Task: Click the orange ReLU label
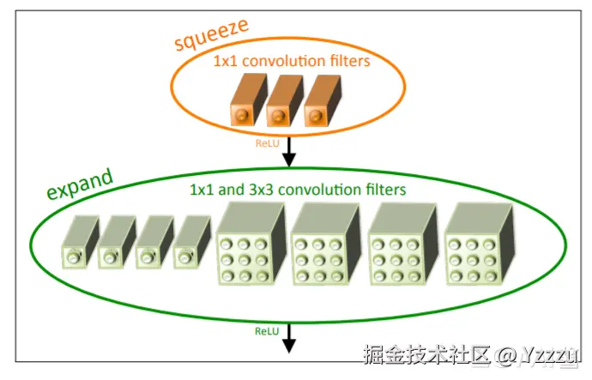click(x=268, y=143)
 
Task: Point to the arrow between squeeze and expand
click(x=289, y=151)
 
